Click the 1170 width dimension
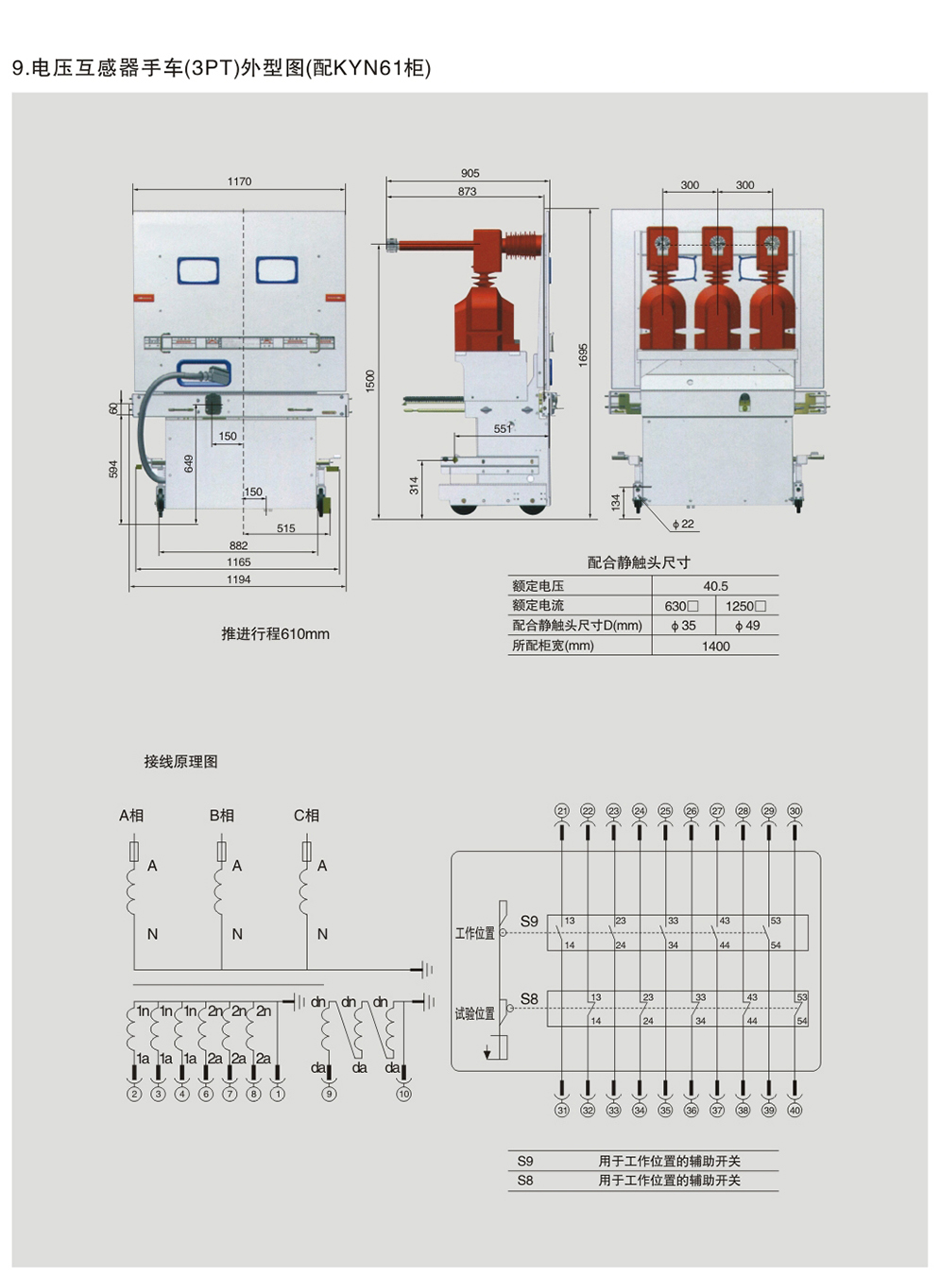239,181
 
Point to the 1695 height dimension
583,355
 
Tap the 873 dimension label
467,191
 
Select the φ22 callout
683,524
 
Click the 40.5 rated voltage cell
715,586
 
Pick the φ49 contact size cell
747,626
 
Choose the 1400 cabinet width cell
715,647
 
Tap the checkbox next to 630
693,606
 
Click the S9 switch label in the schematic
529,921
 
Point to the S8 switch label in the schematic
529,999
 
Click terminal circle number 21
562,811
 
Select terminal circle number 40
795,1111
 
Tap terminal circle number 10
403,1094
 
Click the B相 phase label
222,815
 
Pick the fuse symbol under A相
133,851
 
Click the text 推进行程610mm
275,634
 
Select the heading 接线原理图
180,762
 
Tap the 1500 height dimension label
370,380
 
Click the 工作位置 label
474,933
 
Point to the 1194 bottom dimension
238,579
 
